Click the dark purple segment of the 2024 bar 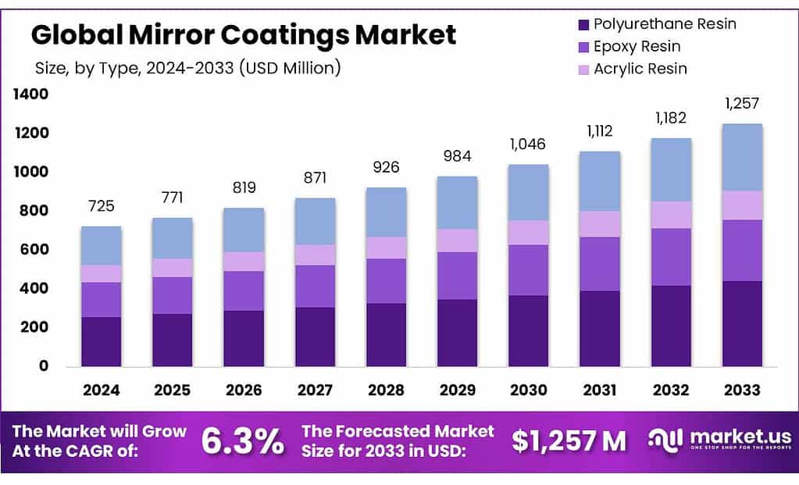(101, 341)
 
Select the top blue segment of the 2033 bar (742, 157)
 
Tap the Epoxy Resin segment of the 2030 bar (528, 269)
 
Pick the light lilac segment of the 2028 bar (386, 248)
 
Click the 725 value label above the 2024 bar (101, 206)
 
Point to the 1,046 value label (528, 144)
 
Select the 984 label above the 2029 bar (457, 156)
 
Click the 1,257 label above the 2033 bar (742, 104)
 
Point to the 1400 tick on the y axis (30, 95)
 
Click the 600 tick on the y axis (34, 250)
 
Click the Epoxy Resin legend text (637, 47)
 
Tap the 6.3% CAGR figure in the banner (242, 441)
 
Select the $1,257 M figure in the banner (569, 441)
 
